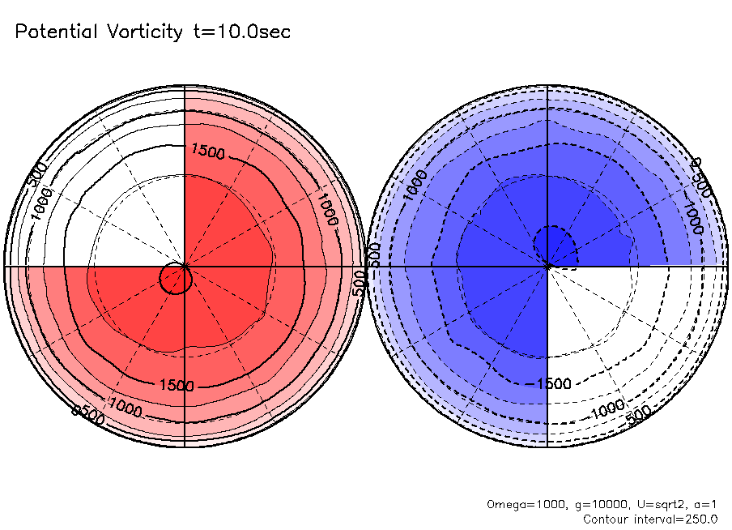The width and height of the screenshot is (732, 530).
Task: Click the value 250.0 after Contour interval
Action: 701,519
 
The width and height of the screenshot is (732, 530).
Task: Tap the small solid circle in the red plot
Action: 176,278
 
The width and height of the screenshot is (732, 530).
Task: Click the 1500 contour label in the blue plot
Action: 554,383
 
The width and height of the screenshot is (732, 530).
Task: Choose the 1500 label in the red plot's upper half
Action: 206,151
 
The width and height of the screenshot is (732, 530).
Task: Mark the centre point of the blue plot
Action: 548,266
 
